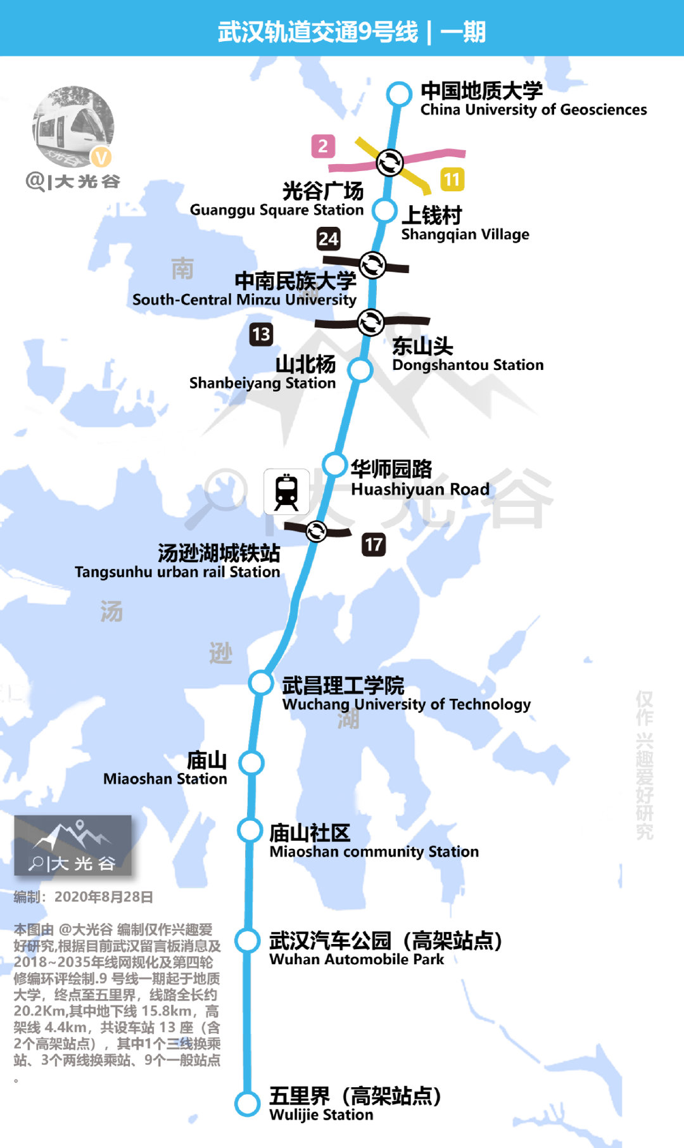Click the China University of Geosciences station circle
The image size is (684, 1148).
pos(398,94)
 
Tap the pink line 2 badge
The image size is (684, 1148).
pos(323,146)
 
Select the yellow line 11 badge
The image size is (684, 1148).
pos(452,179)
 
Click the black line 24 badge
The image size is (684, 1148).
pos(328,239)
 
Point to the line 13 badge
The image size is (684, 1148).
pos(261,334)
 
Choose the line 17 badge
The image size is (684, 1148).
pos(374,544)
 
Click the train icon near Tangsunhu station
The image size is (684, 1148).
pos(286,492)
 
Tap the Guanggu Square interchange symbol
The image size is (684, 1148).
pos(389,162)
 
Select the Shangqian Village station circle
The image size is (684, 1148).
pos(384,211)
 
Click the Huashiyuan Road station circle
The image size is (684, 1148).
pos(334,464)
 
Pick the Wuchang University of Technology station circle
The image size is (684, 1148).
pos(260,683)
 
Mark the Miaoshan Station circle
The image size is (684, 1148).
pos(252,763)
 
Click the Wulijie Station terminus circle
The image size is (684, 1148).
pos(247,1104)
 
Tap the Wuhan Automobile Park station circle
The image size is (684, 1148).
pos(248,941)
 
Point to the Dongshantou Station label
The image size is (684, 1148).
pos(467,365)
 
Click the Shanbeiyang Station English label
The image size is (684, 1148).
pos(262,383)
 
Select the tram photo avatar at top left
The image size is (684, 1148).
pos(73,127)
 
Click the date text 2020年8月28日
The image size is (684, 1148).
pos(104,896)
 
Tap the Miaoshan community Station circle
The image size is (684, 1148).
pos(250,831)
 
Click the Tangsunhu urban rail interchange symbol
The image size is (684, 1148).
pos(316,531)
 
